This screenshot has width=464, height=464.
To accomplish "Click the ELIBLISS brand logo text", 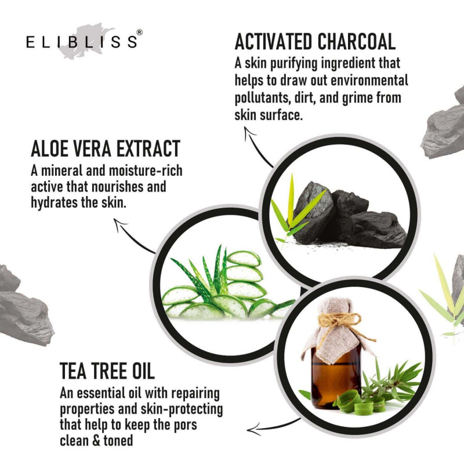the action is pos(82,42).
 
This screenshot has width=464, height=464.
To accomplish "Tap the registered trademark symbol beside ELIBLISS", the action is pos(139,32).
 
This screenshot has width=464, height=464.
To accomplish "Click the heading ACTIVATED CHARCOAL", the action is pos(315,42).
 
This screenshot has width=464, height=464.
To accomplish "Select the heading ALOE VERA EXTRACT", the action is pos(106,148).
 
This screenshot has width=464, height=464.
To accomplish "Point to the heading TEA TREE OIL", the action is pos(107,371).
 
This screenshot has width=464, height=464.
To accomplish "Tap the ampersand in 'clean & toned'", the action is pos(96,441).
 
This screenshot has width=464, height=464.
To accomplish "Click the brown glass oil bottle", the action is pos(336,376).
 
